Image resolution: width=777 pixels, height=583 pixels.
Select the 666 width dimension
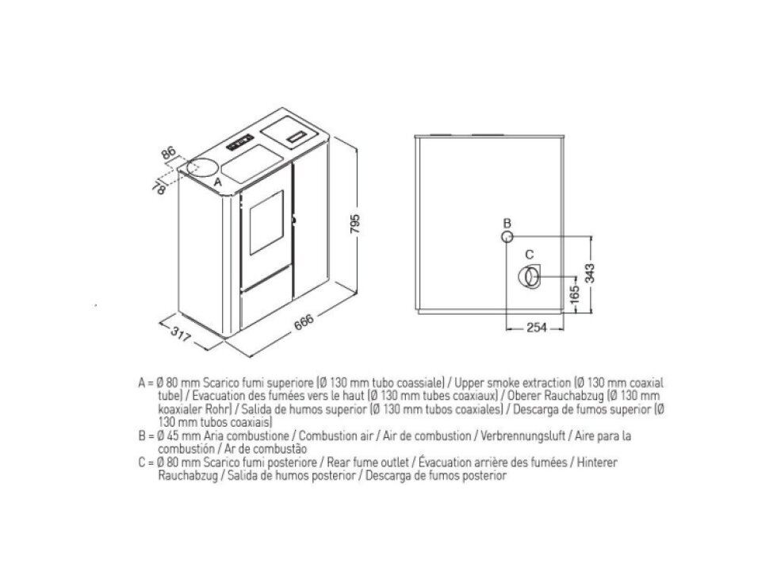pyautogui.click(x=304, y=322)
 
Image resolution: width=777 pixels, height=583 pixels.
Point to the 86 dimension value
pyautogui.click(x=169, y=152)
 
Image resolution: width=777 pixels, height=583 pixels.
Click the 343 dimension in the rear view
pyautogui.click(x=590, y=273)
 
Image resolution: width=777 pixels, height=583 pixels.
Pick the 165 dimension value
pyautogui.click(x=574, y=295)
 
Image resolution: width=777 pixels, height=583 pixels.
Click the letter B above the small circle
pyautogui.click(x=507, y=224)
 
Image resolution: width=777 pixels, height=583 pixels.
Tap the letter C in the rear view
pyautogui.click(x=530, y=255)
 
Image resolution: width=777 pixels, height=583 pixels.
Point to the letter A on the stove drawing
pyautogui.click(x=217, y=182)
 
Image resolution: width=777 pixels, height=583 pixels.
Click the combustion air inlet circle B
pyautogui.click(x=507, y=237)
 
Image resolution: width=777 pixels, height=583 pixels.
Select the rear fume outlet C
pyautogui.click(x=530, y=277)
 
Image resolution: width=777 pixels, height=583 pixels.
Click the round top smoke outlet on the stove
pyautogui.click(x=201, y=167)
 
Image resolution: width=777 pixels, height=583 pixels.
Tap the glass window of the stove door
pyautogui.click(x=266, y=222)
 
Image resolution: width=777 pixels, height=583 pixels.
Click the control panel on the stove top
pyautogui.click(x=240, y=142)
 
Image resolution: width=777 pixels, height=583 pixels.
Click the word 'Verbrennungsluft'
pyautogui.click(x=523, y=436)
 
